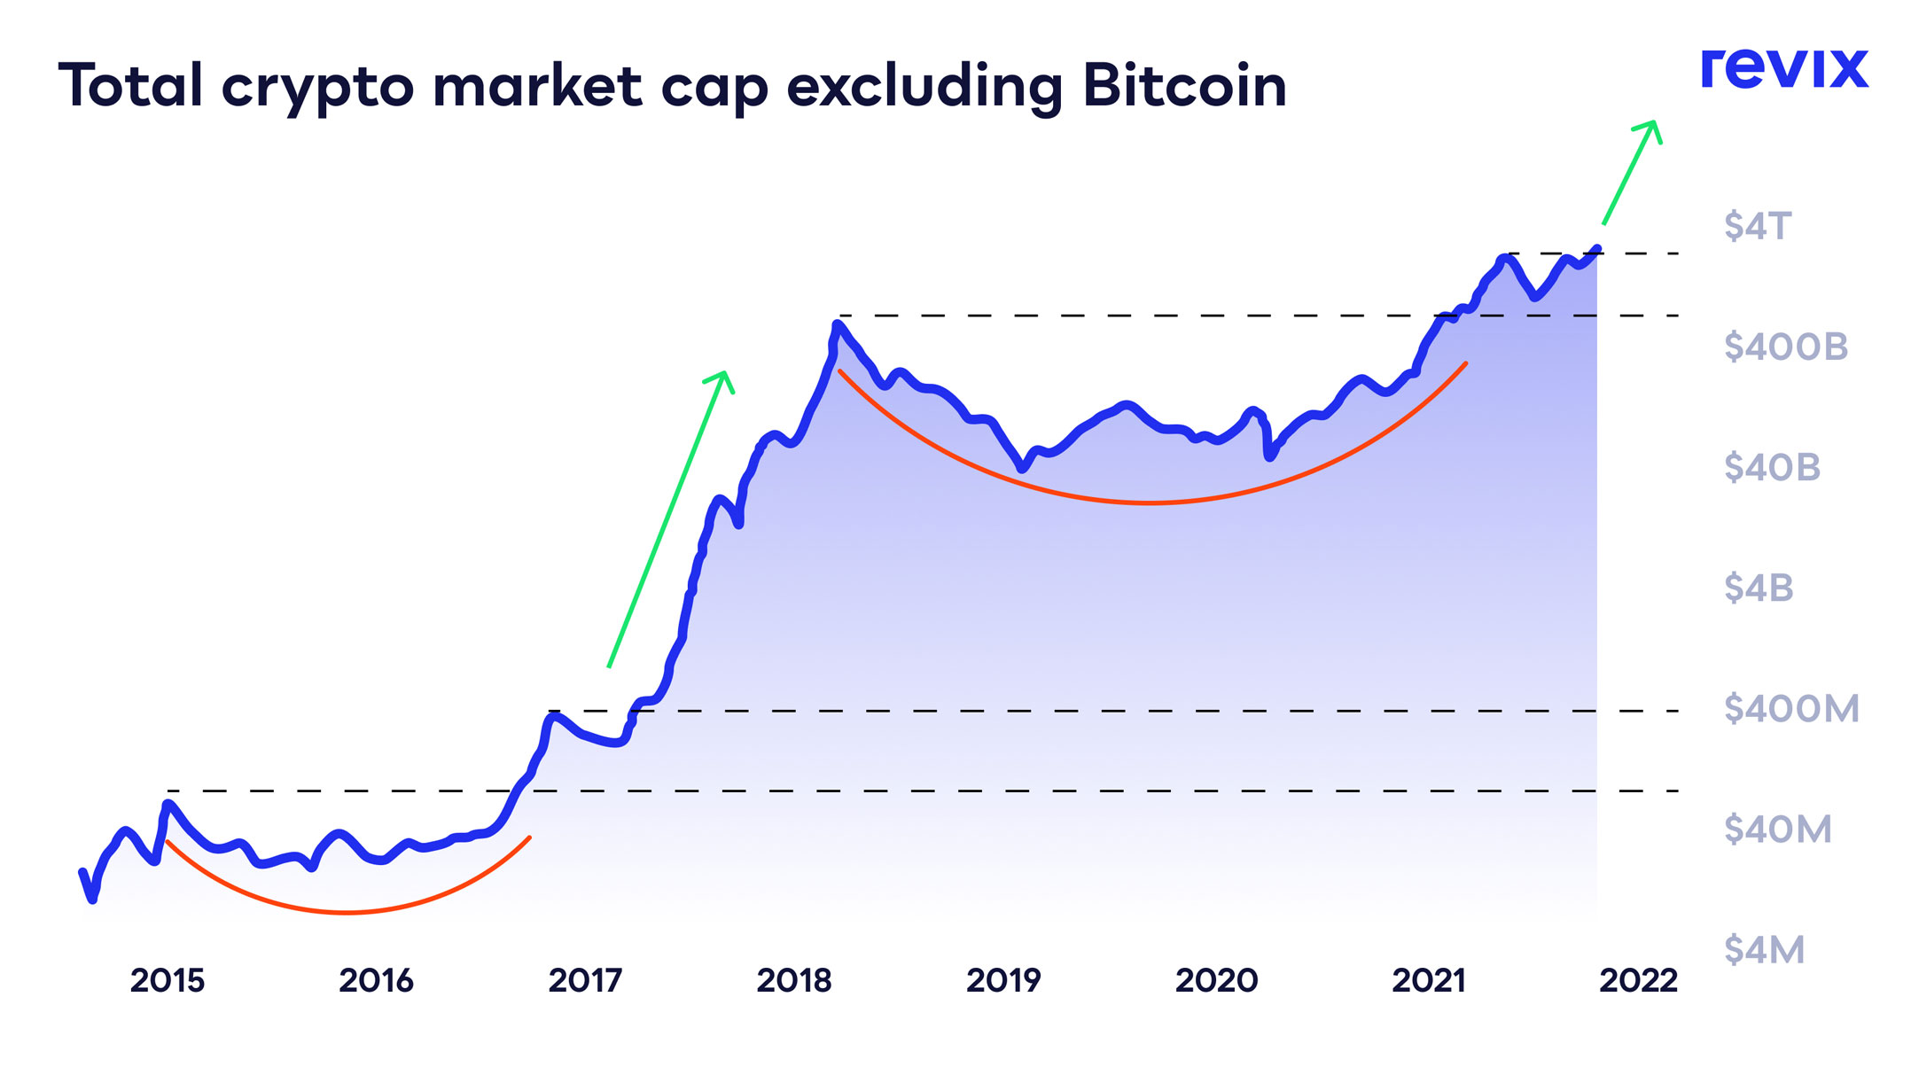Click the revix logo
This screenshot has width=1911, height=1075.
click(1783, 68)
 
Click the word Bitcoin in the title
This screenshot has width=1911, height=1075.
click(1184, 86)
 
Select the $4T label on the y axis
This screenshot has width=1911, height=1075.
click(1758, 226)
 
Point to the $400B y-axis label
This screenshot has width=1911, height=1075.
click(1785, 347)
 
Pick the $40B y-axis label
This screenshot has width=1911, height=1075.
click(1772, 467)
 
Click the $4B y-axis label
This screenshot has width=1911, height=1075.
click(1759, 588)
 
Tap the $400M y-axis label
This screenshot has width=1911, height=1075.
click(1790, 708)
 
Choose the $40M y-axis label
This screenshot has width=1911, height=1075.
click(1777, 830)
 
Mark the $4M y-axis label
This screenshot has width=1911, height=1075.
click(1764, 950)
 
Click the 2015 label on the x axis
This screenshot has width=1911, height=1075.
click(167, 980)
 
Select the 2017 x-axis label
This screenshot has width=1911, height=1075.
click(585, 980)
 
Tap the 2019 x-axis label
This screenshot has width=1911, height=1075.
click(1002, 980)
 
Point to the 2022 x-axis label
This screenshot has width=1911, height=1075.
click(1638, 980)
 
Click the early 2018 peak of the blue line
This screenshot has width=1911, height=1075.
click(837, 324)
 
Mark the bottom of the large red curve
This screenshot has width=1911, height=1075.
click(1150, 502)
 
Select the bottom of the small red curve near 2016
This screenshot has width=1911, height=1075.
click(347, 912)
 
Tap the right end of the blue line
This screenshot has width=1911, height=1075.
click(1597, 248)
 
